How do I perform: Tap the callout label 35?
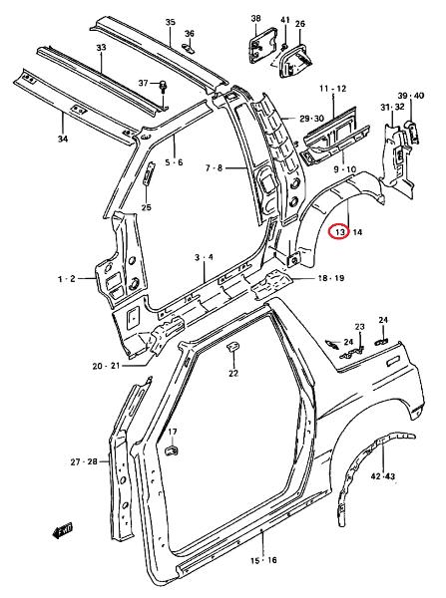coord(171,22)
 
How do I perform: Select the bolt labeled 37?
coord(164,86)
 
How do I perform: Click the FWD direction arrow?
coord(62,530)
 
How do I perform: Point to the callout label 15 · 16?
coord(263,560)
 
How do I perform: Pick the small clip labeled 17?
coord(171,450)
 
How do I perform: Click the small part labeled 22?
coord(232,347)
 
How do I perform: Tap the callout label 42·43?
coord(383,476)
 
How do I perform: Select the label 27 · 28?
coord(84,461)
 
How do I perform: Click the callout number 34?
coord(63,140)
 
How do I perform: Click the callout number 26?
coord(300,24)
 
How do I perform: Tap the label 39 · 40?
coord(411,96)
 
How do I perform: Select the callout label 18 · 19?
coord(331,278)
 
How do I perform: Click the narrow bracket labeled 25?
coord(149,173)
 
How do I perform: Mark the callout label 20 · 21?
coord(106,366)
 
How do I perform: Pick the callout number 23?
coord(360,327)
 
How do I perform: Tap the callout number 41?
coord(284,20)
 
